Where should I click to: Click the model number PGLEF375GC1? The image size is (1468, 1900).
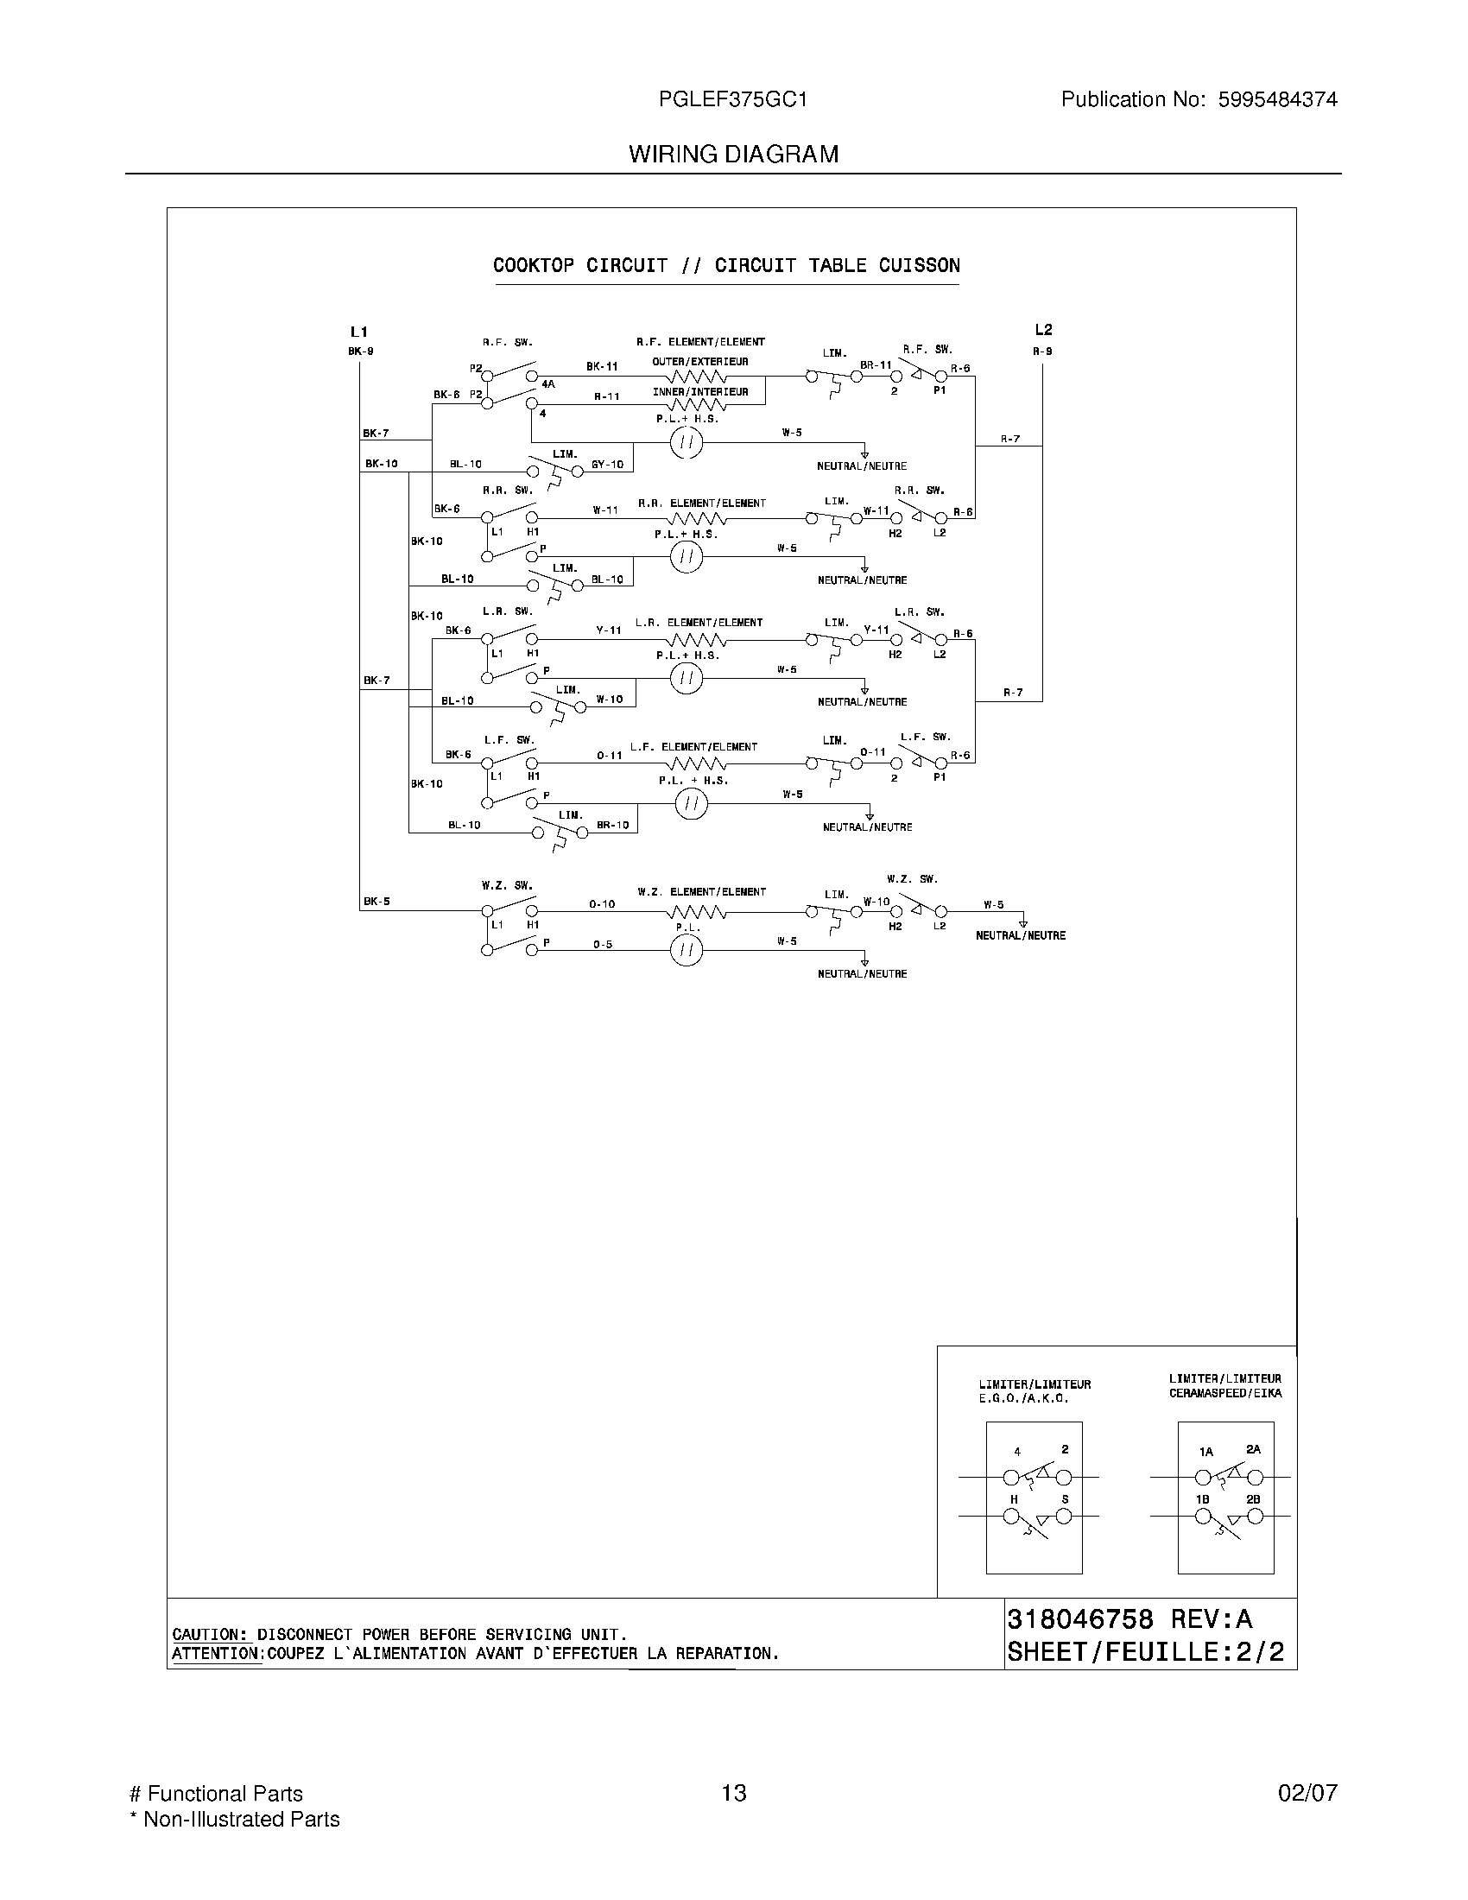[x=733, y=100]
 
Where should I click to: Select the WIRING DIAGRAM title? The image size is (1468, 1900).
[x=733, y=155]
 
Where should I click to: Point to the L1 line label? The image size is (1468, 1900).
[x=359, y=332]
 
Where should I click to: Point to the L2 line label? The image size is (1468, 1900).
[x=1043, y=330]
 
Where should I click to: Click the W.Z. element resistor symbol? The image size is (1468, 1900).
[x=697, y=912]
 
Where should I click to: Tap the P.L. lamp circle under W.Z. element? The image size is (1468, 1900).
[x=687, y=951]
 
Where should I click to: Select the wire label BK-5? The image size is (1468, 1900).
[x=376, y=902]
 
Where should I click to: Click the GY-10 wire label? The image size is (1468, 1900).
[x=607, y=465]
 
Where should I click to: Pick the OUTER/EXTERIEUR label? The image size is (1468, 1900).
[x=700, y=362]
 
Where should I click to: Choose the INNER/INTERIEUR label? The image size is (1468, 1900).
[x=700, y=392]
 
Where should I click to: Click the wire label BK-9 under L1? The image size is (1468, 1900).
[x=361, y=351]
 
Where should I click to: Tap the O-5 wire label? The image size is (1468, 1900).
[x=603, y=944]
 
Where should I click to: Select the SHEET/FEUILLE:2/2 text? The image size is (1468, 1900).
[x=1145, y=1652]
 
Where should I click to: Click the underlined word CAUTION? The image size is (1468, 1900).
[x=212, y=1635]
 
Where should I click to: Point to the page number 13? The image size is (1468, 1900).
[x=734, y=1793]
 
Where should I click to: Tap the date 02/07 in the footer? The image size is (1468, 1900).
[x=1307, y=1793]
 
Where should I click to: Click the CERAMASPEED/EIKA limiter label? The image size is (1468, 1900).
[x=1224, y=1393]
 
